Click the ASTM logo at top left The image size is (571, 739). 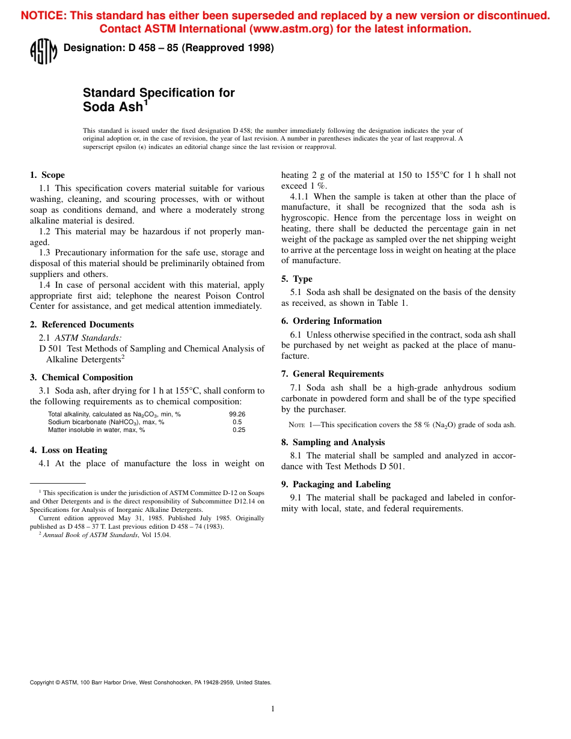pos(43,51)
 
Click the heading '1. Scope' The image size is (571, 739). pos(47,175)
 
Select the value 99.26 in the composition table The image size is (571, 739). pos(237,414)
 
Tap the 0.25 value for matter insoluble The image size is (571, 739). pos(239,430)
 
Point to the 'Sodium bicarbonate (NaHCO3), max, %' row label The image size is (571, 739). pos(106,422)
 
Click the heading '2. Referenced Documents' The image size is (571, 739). pos(82,324)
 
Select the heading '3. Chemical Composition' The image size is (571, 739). pos(81,377)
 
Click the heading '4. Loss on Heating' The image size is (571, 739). pos(69,450)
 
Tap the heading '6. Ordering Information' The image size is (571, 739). pos(331,321)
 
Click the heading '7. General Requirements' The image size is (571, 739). pos(332,374)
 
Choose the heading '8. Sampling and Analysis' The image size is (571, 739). pos(333,442)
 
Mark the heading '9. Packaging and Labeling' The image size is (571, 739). pos(336,484)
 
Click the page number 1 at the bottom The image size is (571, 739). pos(273,709)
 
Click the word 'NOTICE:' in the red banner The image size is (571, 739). pos(44,16)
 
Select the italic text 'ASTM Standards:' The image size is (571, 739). pos(88,338)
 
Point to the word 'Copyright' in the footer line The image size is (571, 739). pos(41,683)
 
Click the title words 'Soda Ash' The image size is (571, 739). pos(113,108)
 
